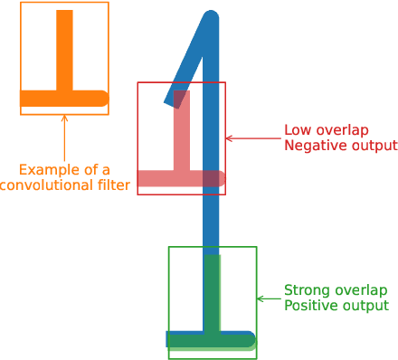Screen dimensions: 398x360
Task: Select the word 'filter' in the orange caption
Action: (x=112, y=185)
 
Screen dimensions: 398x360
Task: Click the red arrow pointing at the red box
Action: (x=253, y=138)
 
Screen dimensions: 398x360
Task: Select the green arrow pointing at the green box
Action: (x=270, y=298)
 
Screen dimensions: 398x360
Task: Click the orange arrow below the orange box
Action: (x=64, y=136)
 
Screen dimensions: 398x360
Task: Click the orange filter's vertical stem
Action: (x=64, y=50)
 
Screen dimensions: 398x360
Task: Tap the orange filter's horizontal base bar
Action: (x=63, y=98)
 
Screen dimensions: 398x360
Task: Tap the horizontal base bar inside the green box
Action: (x=211, y=340)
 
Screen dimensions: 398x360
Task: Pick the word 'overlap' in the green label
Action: (x=360, y=290)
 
